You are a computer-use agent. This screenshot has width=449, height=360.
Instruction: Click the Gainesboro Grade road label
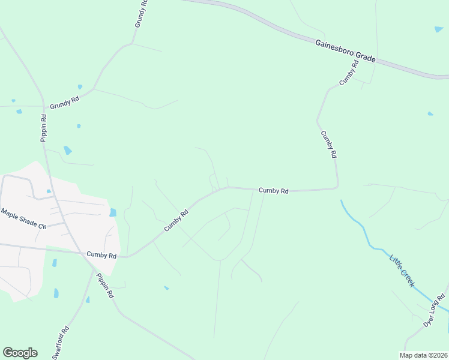point(346,50)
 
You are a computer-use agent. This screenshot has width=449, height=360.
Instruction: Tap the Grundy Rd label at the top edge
point(141,14)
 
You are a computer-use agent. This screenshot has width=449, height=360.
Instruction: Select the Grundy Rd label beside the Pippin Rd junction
point(64,104)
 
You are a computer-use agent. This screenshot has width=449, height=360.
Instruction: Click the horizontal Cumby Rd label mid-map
point(274,191)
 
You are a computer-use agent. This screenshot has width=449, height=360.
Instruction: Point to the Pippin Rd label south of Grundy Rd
point(44,127)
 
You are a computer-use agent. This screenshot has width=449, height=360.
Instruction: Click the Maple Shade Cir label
point(23,218)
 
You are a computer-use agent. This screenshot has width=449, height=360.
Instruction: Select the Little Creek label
point(402,271)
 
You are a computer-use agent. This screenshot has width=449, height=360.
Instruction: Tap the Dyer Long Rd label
point(434,309)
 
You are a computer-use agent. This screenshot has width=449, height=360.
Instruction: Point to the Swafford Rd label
point(61,342)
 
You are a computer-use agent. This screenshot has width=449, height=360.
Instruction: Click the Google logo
point(20,353)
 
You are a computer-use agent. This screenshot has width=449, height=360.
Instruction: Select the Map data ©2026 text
point(423,355)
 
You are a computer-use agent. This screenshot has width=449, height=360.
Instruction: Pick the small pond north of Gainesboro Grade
point(439,29)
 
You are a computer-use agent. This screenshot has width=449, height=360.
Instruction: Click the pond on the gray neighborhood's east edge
point(113,212)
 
